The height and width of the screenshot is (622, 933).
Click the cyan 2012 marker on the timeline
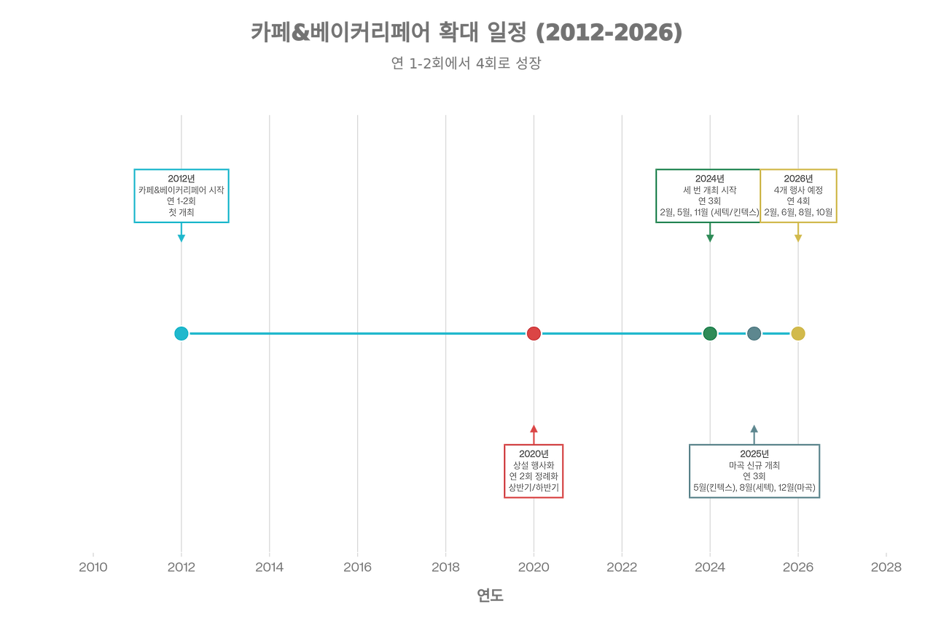(x=181, y=333)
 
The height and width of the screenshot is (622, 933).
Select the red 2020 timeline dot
(x=534, y=333)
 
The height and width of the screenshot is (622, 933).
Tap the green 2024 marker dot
(x=710, y=333)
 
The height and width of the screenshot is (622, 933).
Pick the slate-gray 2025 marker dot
(x=754, y=333)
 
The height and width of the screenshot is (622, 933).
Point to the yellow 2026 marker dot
(x=798, y=333)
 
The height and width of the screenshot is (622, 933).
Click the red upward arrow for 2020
(x=534, y=432)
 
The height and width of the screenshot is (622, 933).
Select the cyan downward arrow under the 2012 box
(x=181, y=235)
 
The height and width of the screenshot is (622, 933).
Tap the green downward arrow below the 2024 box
(x=710, y=235)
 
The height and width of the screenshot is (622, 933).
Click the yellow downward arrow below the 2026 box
(x=798, y=235)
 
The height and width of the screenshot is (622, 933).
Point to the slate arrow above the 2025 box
(x=754, y=432)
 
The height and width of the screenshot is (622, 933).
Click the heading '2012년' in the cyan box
(x=181, y=179)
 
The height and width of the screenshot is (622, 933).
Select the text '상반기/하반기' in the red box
(x=534, y=487)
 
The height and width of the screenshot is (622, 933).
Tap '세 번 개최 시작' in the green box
(x=710, y=190)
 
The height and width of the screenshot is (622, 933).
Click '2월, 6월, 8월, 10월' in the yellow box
(x=798, y=212)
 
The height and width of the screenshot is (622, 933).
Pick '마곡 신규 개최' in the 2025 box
(x=754, y=465)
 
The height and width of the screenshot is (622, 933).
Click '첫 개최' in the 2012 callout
(x=181, y=212)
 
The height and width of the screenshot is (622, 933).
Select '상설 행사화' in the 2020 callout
(x=534, y=465)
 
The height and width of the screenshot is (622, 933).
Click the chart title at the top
(x=466, y=33)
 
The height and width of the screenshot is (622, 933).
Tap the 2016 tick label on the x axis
(x=357, y=567)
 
